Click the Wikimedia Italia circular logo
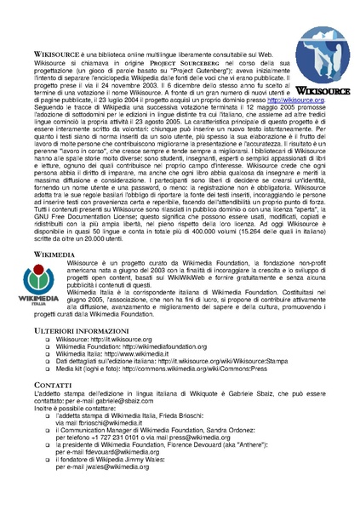(39, 279)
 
